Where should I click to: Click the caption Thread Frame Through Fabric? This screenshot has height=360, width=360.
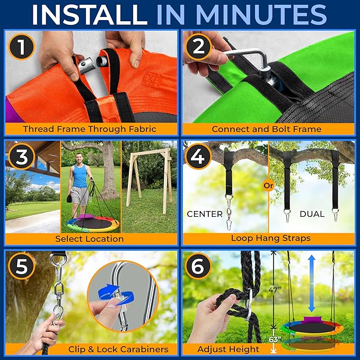pyautogui.click(x=89, y=129)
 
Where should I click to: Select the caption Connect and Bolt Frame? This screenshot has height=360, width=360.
pyautogui.click(x=267, y=129)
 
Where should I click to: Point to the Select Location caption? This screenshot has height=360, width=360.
pyautogui.click(x=89, y=239)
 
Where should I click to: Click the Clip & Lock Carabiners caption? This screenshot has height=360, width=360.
pyautogui.click(x=118, y=349)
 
